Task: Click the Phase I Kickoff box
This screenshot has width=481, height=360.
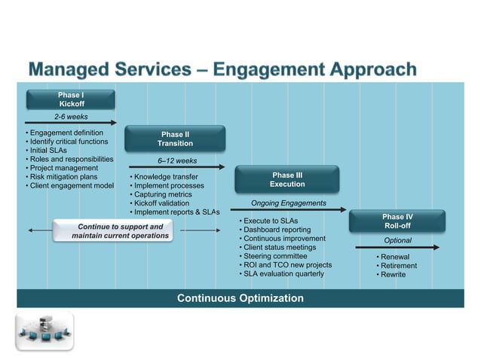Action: (72, 99)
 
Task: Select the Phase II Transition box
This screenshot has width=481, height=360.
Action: (175, 139)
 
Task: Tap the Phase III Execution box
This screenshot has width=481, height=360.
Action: (287, 179)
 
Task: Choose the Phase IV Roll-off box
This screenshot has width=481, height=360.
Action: (397, 221)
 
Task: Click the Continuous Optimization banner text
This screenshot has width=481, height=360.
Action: (240, 298)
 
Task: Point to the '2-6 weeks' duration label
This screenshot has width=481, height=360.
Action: (70, 117)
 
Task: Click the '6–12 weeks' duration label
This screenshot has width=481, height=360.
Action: (176, 160)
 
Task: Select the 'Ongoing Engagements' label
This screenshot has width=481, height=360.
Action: (288, 203)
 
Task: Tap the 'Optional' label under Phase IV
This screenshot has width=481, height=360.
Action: (397, 241)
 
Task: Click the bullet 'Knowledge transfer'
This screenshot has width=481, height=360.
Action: (166, 177)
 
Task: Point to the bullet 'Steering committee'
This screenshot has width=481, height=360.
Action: (274, 256)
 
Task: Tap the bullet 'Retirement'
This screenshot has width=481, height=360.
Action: (398, 266)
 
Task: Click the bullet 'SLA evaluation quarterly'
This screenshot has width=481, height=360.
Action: (283, 274)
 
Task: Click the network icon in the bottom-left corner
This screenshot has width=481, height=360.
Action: (44, 331)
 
